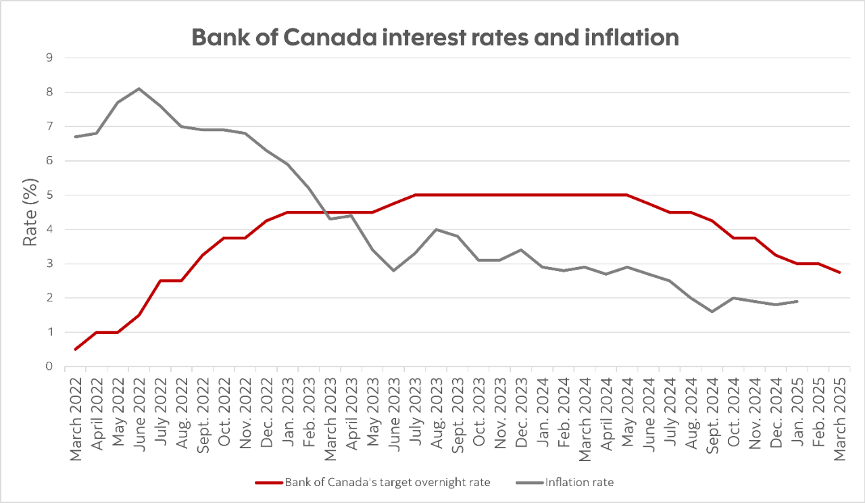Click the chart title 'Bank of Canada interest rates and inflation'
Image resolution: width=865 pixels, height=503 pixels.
(435, 37)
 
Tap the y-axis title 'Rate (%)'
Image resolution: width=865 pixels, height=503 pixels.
(30, 212)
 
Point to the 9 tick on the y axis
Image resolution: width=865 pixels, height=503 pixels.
(49, 58)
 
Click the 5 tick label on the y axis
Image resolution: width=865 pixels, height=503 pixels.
(49, 195)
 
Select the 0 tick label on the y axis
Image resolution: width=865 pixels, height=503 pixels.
(49, 366)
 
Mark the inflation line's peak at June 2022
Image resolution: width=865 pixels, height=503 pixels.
(139, 89)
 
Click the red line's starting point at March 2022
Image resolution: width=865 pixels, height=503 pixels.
(76, 350)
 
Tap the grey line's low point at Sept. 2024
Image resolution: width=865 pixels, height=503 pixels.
(711, 312)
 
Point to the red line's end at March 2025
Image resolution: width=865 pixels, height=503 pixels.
(838, 272)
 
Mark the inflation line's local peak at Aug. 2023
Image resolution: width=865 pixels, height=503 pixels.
(436, 229)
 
